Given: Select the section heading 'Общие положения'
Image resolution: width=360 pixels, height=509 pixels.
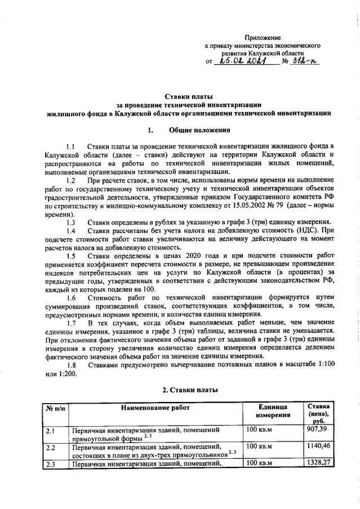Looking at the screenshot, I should coord(196,130).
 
